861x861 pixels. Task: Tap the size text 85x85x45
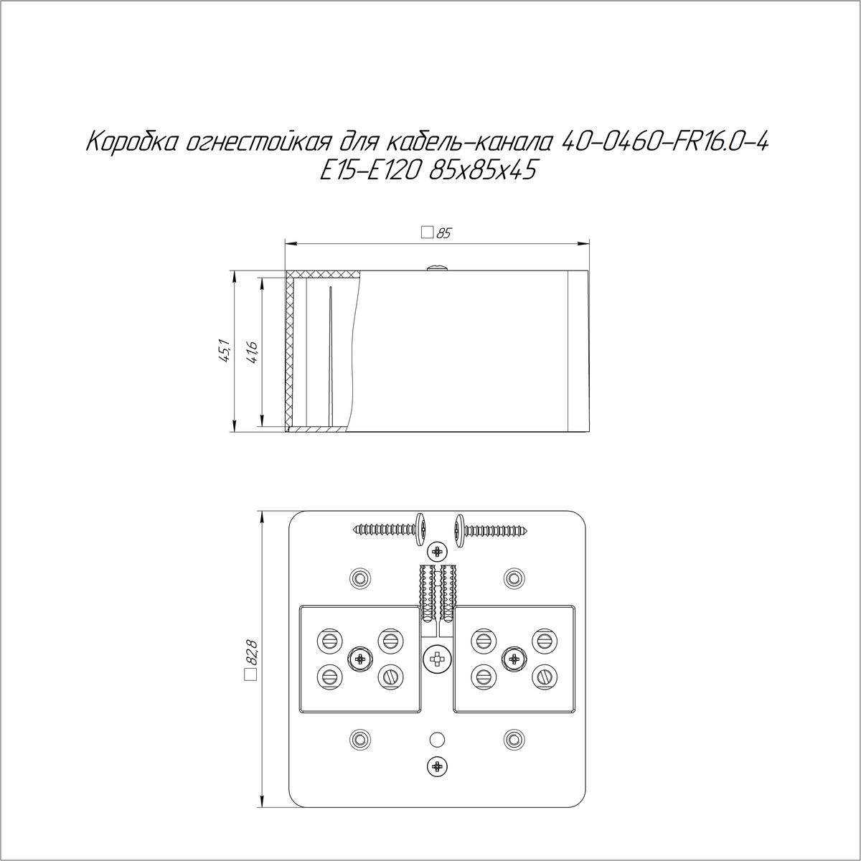(481, 171)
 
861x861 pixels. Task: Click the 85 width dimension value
(443, 233)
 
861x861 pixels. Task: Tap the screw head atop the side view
(438, 267)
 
